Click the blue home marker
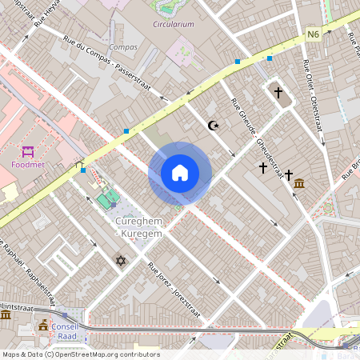click(x=180, y=172)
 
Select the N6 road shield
click(x=313, y=34)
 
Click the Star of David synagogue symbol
click(x=122, y=261)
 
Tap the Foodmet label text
click(x=28, y=166)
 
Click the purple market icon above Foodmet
click(x=29, y=151)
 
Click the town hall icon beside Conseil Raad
click(x=42, y=326)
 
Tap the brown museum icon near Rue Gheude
click(x=298, y=185)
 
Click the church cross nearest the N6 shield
click(x=278, y=93)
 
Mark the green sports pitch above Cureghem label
click(x=105, y=198)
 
